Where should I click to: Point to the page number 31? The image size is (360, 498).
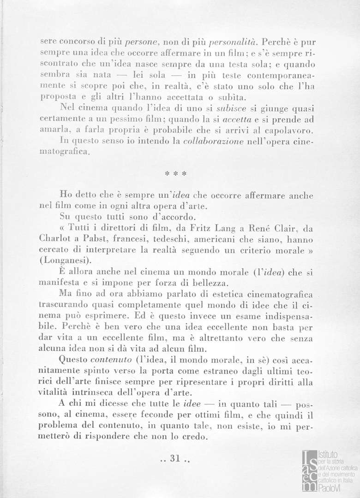174,459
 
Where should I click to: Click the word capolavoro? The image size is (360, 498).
291,130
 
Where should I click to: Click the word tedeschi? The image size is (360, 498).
198,240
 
